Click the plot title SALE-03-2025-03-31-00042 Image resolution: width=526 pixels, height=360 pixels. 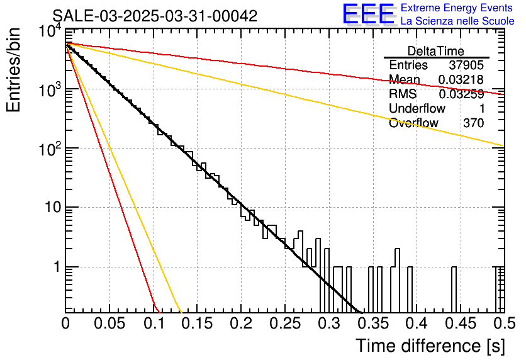tap(155, 16)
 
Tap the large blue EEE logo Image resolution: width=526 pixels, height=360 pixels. tap(369, 15)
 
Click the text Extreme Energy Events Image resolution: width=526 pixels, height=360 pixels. tap(457, 8)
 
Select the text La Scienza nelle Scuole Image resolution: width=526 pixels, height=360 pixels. tap(457, 21)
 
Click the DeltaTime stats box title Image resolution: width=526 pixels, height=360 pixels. tap(436, 51)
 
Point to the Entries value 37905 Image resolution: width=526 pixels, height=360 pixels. tap(466, 65)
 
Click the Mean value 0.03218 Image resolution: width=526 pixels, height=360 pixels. tap(461, 79)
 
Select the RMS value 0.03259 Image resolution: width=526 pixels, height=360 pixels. tap(461, 94)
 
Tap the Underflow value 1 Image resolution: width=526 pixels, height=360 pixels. tap(481, 108)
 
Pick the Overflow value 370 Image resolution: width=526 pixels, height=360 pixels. tap(473, 123)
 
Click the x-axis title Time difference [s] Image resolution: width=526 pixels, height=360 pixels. tap(429, 346)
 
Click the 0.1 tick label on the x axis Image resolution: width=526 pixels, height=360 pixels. tap(153, 324)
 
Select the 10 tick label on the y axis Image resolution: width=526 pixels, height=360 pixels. tap(50, 208)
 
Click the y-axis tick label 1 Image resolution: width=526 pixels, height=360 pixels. tap(55, 267)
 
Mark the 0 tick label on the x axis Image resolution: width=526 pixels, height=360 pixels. tap(65, 324)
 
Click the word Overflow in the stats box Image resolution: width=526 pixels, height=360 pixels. tap(413, 123)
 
